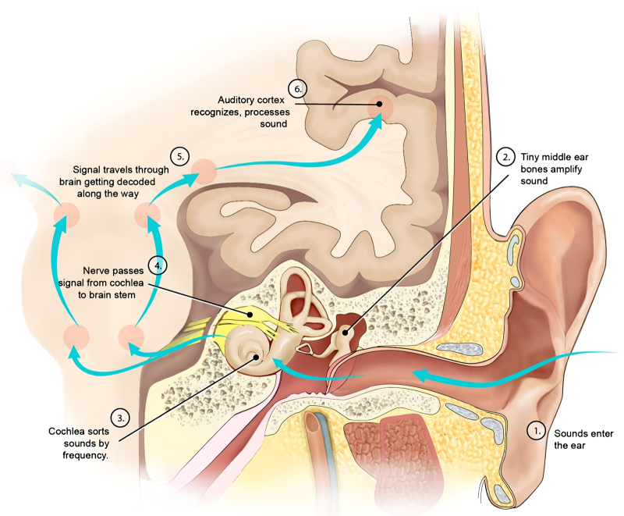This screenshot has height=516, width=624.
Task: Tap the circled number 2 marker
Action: (x=507, y=156)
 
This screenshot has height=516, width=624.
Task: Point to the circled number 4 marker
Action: (x=159, y=265)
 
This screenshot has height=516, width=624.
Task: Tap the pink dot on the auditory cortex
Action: (x=380, y=105)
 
